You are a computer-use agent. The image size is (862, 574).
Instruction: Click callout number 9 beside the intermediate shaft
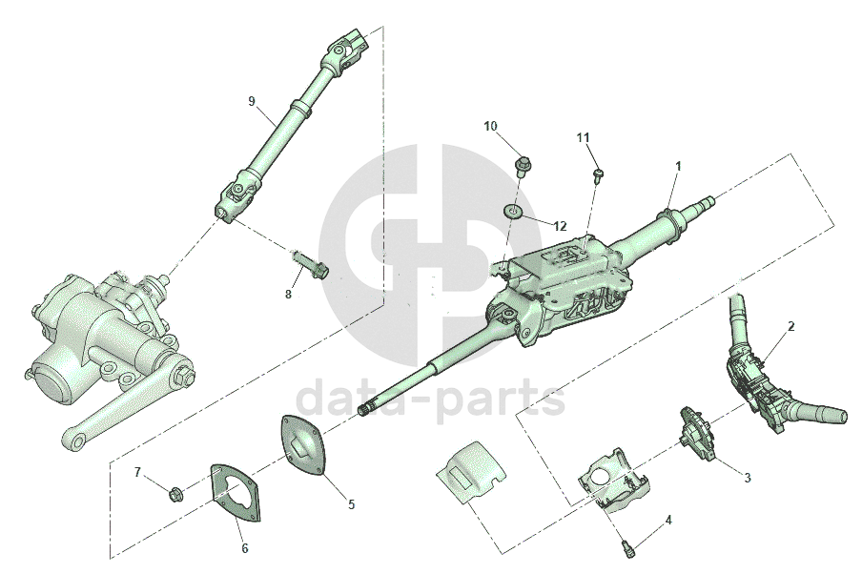252,101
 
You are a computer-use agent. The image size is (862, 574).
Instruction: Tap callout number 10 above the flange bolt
490,127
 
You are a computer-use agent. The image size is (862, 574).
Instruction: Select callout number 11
583,137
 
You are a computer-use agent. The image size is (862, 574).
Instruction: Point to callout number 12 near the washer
560,225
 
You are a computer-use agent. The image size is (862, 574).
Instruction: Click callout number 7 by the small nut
137,472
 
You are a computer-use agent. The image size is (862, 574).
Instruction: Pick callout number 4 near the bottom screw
667,520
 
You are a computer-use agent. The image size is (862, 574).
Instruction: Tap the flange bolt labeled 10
523,166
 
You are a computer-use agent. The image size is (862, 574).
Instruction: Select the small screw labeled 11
598,175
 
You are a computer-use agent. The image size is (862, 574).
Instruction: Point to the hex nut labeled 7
175,493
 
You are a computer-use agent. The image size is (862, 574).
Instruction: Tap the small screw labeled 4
627,548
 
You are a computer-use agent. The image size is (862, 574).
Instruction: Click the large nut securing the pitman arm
183,378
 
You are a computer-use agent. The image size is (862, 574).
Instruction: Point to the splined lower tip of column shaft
366,410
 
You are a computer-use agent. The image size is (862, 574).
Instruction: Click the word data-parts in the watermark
430,397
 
